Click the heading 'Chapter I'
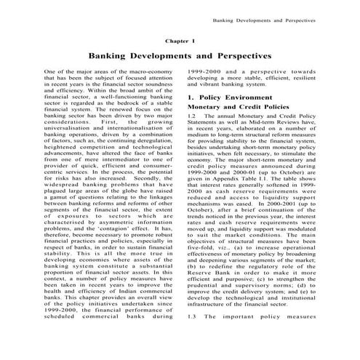point(180,42)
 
